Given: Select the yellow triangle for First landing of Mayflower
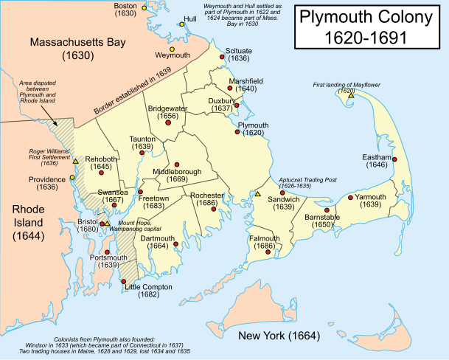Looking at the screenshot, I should click(352, 96).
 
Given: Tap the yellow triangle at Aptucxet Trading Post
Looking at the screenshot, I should click(258, 194).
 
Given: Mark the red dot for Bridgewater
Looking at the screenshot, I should click(168, 124).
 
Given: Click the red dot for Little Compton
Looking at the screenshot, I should click(122, 282).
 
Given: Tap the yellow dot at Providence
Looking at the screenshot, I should click(72, 177).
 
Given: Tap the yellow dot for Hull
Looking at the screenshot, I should click(181, 24).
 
